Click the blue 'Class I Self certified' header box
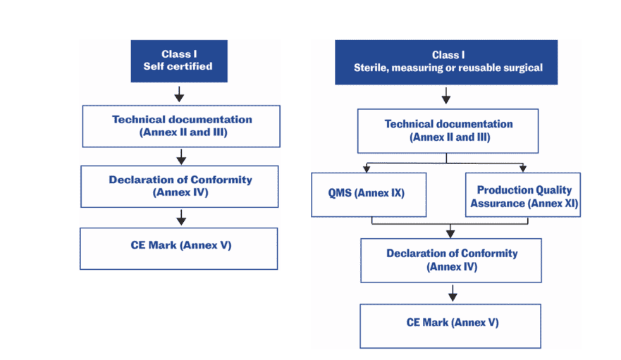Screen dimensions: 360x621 (178, 61)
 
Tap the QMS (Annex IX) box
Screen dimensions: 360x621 (369, 194)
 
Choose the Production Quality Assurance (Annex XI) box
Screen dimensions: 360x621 (524, 195)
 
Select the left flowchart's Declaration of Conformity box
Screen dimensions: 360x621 (180, 186)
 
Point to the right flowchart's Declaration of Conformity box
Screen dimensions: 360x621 (451, 260)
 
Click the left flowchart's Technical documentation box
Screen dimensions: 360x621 (181, 125)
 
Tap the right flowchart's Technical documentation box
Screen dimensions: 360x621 (448, 130)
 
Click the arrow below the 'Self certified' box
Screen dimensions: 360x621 (179, 94)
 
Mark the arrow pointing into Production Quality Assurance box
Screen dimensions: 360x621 (522, 168)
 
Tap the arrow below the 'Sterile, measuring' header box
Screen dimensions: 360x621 (446, 97)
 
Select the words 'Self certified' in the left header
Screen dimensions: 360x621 (178, 67)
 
